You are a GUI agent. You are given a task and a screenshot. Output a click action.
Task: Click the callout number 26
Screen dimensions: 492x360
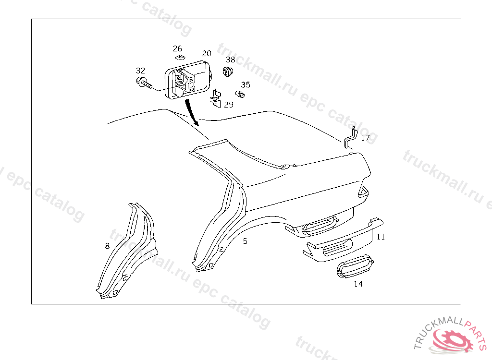point(177,48)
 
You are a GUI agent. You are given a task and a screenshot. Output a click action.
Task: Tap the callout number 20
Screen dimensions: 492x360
point(207,53)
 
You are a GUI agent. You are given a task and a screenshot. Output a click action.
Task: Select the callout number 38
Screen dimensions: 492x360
point(231,60)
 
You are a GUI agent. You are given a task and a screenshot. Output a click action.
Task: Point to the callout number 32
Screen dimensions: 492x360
point(141,71)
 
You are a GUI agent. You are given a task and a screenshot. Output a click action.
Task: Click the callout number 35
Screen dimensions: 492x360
point(246,84)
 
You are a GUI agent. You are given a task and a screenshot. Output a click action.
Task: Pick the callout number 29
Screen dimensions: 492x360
point(229,105)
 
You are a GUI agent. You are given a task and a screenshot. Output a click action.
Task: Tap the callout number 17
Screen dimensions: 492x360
point(365,138)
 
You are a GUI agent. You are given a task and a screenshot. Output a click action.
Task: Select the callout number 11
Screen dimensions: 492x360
point(381,237)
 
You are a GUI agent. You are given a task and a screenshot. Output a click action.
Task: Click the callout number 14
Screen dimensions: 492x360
point(358,284)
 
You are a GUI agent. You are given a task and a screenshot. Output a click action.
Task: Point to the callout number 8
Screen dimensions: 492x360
point(107,246)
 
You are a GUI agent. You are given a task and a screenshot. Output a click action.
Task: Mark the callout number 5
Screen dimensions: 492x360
point(245,241)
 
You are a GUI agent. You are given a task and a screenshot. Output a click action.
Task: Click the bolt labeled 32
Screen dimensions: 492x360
point(144,83)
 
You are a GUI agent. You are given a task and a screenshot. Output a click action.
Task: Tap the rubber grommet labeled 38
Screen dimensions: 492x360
point(228,72)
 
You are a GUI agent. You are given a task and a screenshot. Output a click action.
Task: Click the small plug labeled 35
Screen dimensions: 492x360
point(240,94)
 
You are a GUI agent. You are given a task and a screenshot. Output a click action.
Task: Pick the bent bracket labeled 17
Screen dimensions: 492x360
point(350,137)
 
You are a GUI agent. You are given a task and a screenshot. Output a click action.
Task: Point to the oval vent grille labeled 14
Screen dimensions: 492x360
point(355,266)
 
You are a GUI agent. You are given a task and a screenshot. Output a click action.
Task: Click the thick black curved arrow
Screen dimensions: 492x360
point(192,112)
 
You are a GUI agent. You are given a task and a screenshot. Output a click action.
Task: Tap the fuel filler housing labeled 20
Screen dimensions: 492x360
point(188,80)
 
